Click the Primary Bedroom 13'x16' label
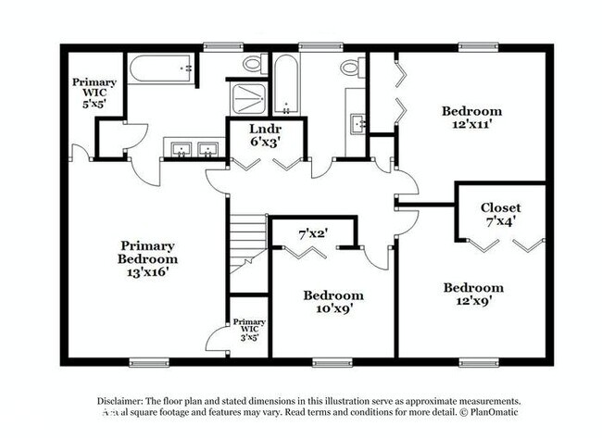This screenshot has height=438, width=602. [x=148, y=253]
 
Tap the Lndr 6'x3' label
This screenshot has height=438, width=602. [x=265, y=135]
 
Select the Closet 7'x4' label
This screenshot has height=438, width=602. [x=500, y=215]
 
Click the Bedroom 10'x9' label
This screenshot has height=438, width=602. [x=333, y=302]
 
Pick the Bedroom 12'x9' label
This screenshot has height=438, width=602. [x=472, y=294]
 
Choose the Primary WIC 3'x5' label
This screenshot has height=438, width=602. [x=249, y=329]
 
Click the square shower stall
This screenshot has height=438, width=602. [x=248, y=98]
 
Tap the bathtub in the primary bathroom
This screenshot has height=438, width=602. [x=161, y=69]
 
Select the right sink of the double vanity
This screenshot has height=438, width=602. [x=209, y=148]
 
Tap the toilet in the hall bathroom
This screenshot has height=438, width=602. [x=351, y=67]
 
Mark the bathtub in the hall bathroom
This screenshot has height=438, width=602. [x=285, y=83]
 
